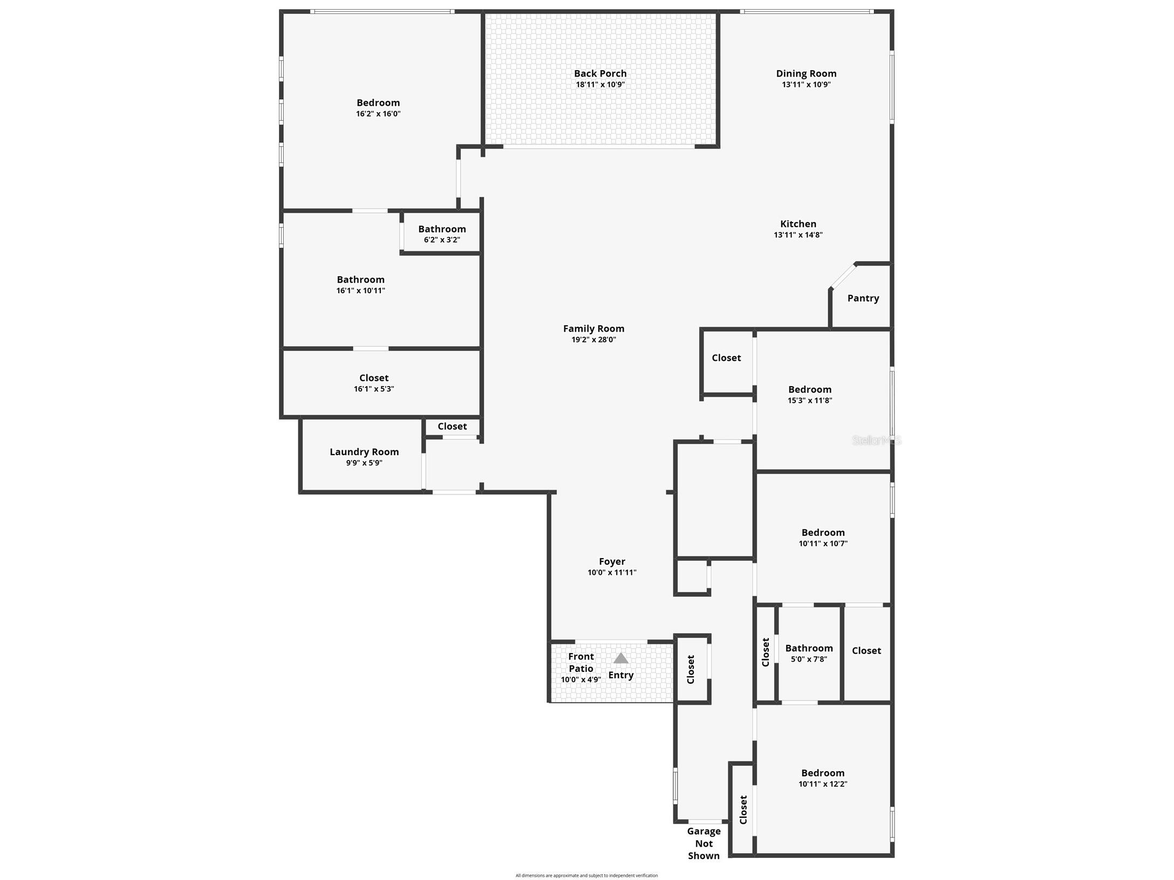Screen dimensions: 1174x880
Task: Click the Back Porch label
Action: point(600,73)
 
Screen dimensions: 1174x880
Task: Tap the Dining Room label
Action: point(806,73)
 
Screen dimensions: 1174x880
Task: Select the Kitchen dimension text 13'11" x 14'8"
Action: point(798,235)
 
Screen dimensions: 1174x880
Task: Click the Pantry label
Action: point(863,298)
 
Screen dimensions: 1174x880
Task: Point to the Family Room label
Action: point(593,328)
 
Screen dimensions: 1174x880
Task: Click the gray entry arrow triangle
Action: point(620,658)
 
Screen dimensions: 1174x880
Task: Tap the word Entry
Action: point(621,675)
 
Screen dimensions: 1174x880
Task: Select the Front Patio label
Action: point(581,662)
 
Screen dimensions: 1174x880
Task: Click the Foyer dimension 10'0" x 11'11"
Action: point(612,573)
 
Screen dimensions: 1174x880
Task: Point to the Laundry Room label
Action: point(364,452)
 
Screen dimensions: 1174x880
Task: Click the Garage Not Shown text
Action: point(704,843)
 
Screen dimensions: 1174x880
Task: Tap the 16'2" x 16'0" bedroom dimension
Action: point(378,114)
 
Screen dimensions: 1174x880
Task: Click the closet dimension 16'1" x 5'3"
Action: point(374,389)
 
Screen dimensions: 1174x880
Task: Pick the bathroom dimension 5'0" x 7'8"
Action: point(809,659)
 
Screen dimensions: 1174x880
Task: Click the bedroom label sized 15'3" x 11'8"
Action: point(810,389)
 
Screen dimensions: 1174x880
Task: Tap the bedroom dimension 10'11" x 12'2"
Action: point(823,784)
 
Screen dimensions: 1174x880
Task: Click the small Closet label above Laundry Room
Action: point(452,427)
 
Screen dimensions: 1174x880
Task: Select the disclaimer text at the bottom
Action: point(586,876)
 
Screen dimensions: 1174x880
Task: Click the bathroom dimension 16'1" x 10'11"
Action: point(360,291)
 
